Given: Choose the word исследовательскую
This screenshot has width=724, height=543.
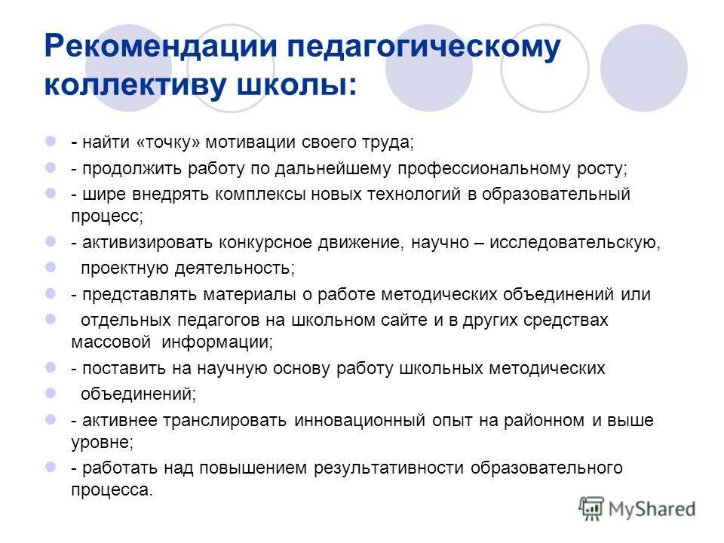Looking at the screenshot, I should (x=576, y=243).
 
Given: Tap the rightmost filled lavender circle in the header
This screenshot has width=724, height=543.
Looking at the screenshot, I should (x=643, y=68).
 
